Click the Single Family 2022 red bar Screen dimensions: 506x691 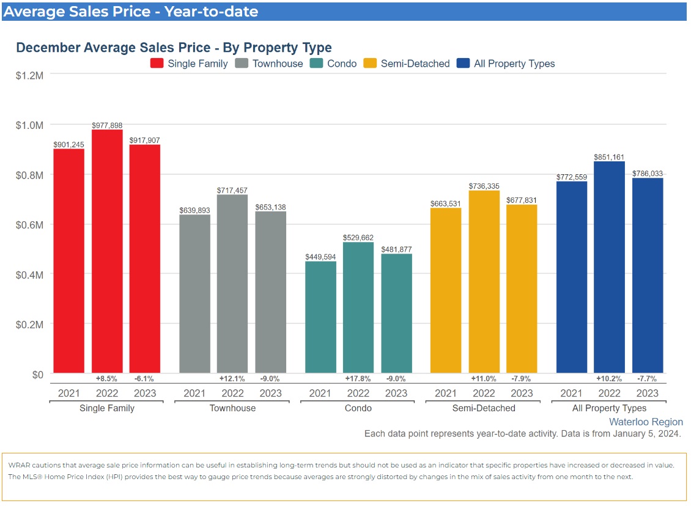[x=107, y=251]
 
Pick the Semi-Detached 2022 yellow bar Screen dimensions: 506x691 [x=484, y=282]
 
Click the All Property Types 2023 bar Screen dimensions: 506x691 [x=648, y=275]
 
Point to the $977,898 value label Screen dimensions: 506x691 [x=107, y=125]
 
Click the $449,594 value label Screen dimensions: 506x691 [x=320, y=257]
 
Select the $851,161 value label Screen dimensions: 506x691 [x=609, y=157]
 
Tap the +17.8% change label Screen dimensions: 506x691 [x=358, y=379]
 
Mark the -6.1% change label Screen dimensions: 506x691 [x=145, y=379]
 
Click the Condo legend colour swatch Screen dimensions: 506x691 [x=317, y=64]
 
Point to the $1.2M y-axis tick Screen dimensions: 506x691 [x=29, y=75]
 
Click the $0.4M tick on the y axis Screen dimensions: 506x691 [x=29, y=274]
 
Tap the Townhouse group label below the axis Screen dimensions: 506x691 [x=232, y=408]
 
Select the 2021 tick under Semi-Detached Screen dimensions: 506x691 [x=446, y=393]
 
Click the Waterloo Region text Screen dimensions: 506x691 [x=646, y=422]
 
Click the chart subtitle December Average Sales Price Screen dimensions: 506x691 [x=174, y=48]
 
